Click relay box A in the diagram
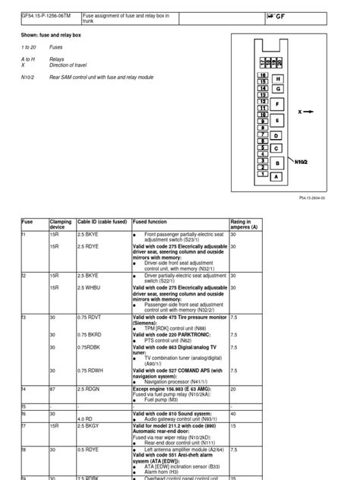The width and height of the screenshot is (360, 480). (276, 176)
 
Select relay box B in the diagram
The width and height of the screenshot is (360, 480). (276, 163)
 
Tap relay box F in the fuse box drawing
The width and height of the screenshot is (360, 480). (277, 104)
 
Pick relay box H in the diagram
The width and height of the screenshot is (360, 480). (278, 78)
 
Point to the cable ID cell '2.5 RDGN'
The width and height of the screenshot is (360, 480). (88, 389)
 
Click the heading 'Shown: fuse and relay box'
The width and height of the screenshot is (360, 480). (55, 35)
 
